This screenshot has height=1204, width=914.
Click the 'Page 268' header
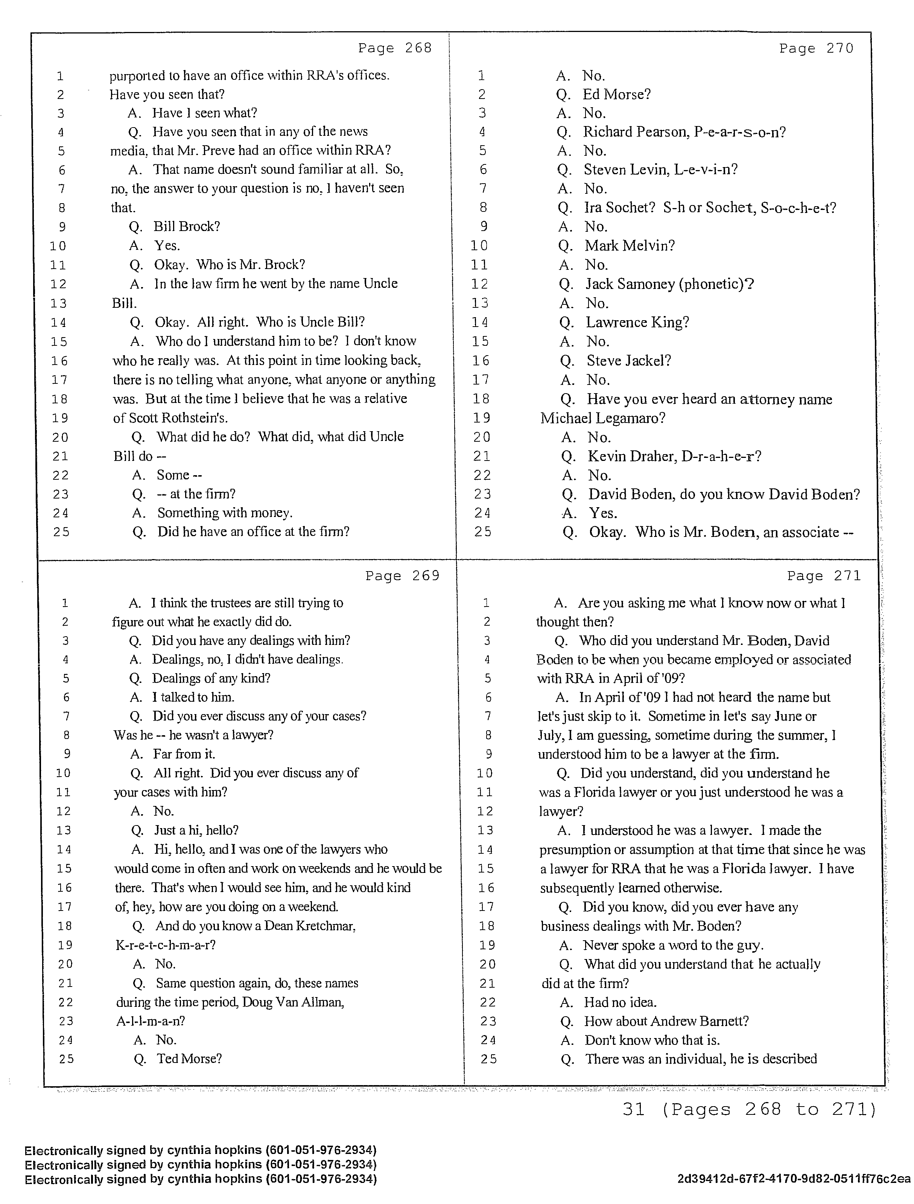395,49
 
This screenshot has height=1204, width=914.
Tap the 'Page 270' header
816,49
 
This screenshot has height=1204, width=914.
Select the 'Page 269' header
402,576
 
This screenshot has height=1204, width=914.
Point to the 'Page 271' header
824,576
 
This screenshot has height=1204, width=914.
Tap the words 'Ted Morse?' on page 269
189,1059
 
